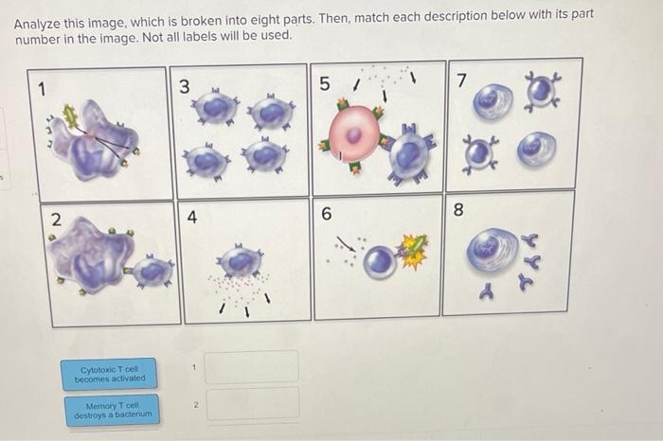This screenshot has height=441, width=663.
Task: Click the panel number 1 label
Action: (41, 89)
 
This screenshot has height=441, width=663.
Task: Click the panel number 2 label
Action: (55, 219)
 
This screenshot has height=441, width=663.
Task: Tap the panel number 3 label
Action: (185, 86)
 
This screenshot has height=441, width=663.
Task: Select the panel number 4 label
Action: (192, 217)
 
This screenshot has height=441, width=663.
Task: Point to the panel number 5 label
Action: (324, 84)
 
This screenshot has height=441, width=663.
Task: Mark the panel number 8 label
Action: (458, 210)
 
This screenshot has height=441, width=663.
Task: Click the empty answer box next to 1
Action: (252, 367)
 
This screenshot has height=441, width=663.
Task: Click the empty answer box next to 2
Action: (252, 403)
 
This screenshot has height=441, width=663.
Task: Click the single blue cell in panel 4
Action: (243, 261)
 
